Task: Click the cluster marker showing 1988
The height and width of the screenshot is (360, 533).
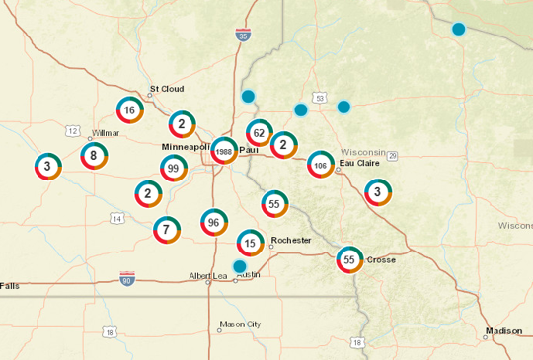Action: (x=224, y=152)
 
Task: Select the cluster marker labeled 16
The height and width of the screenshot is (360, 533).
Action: (x=129, y=110)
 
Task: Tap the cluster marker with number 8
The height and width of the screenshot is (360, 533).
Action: (x=94, y=155)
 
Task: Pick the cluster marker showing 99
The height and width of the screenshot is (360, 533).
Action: (x=174, y=170)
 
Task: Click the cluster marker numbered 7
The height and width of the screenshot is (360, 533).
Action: (x=166, y=231)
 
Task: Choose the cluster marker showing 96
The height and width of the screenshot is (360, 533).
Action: (x=213, y=223)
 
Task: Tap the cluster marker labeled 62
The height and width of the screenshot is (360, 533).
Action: (x=259, y=132)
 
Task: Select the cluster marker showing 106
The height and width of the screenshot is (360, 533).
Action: (x=320, y=164)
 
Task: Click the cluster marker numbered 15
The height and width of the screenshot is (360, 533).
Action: (x=251, y=243)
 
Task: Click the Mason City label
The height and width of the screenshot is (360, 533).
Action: (x=240, y=324)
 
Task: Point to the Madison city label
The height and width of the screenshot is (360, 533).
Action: (x=502, y=331)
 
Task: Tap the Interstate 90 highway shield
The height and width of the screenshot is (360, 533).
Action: (x=126, y=279)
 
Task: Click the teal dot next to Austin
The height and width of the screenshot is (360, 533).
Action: (x=239, y=266)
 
